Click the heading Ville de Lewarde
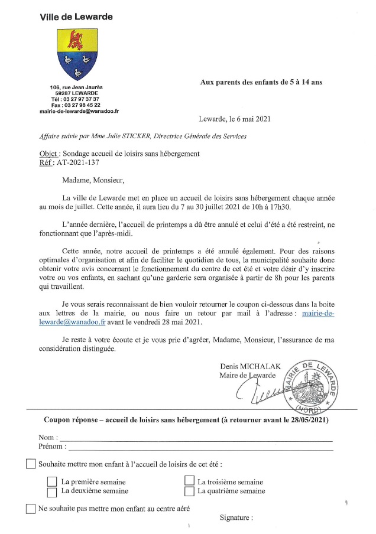(x=76, y=17)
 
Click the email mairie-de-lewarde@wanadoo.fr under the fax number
(x=79, y=110)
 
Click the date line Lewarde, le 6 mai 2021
(x=235, y=119)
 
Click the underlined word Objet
(x=40, y=154)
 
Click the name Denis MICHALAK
(x=243, y=366)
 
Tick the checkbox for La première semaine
(x=52, y=482)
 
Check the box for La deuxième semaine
(x=52, y=491)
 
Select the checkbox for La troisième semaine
(x=189, y=482)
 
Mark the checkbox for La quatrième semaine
(x=189, y=491)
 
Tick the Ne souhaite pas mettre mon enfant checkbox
(x=31, y=509)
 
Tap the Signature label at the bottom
(x=236, y=518)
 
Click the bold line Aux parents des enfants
(x=261, y=83)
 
